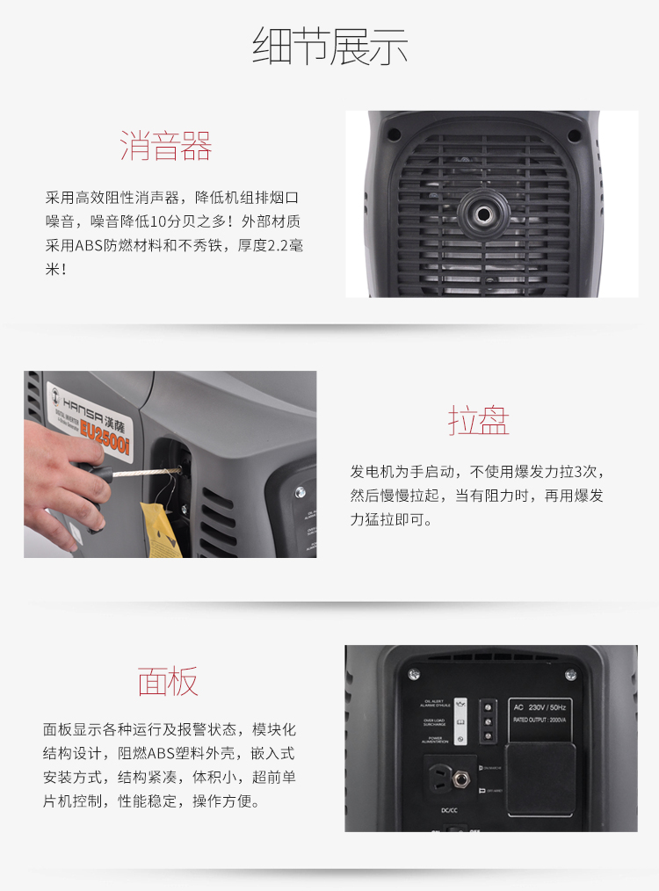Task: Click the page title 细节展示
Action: [x=329, y=47]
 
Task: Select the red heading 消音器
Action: [x=166, y=146]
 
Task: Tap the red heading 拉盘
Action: [x=478, y=421]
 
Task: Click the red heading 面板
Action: [x=167, y=681]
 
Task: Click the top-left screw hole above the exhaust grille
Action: [x=394, y=134]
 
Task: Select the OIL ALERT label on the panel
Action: [x=436, y=703]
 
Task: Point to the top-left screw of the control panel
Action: [x=414, y=675]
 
